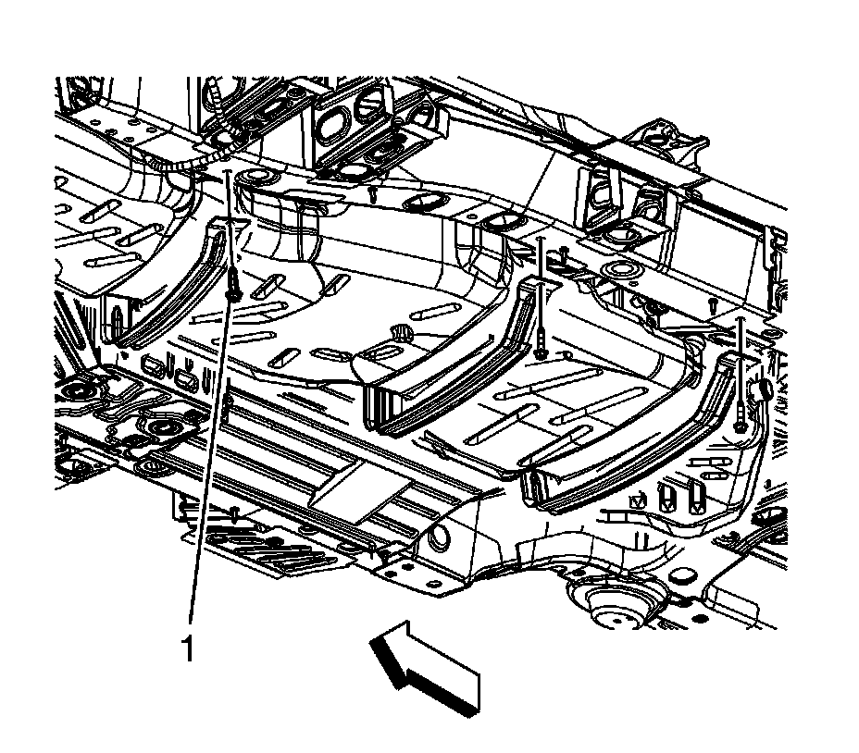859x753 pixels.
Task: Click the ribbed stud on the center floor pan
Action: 402,331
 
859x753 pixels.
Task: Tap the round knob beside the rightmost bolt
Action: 766,389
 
